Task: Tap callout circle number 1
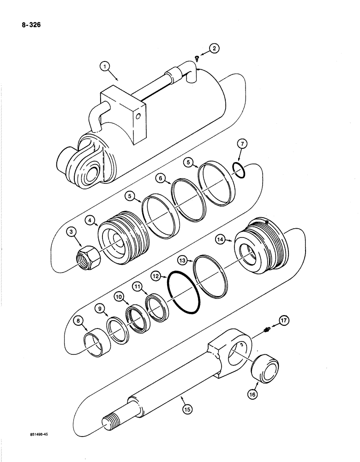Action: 107,67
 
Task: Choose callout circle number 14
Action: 220,239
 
